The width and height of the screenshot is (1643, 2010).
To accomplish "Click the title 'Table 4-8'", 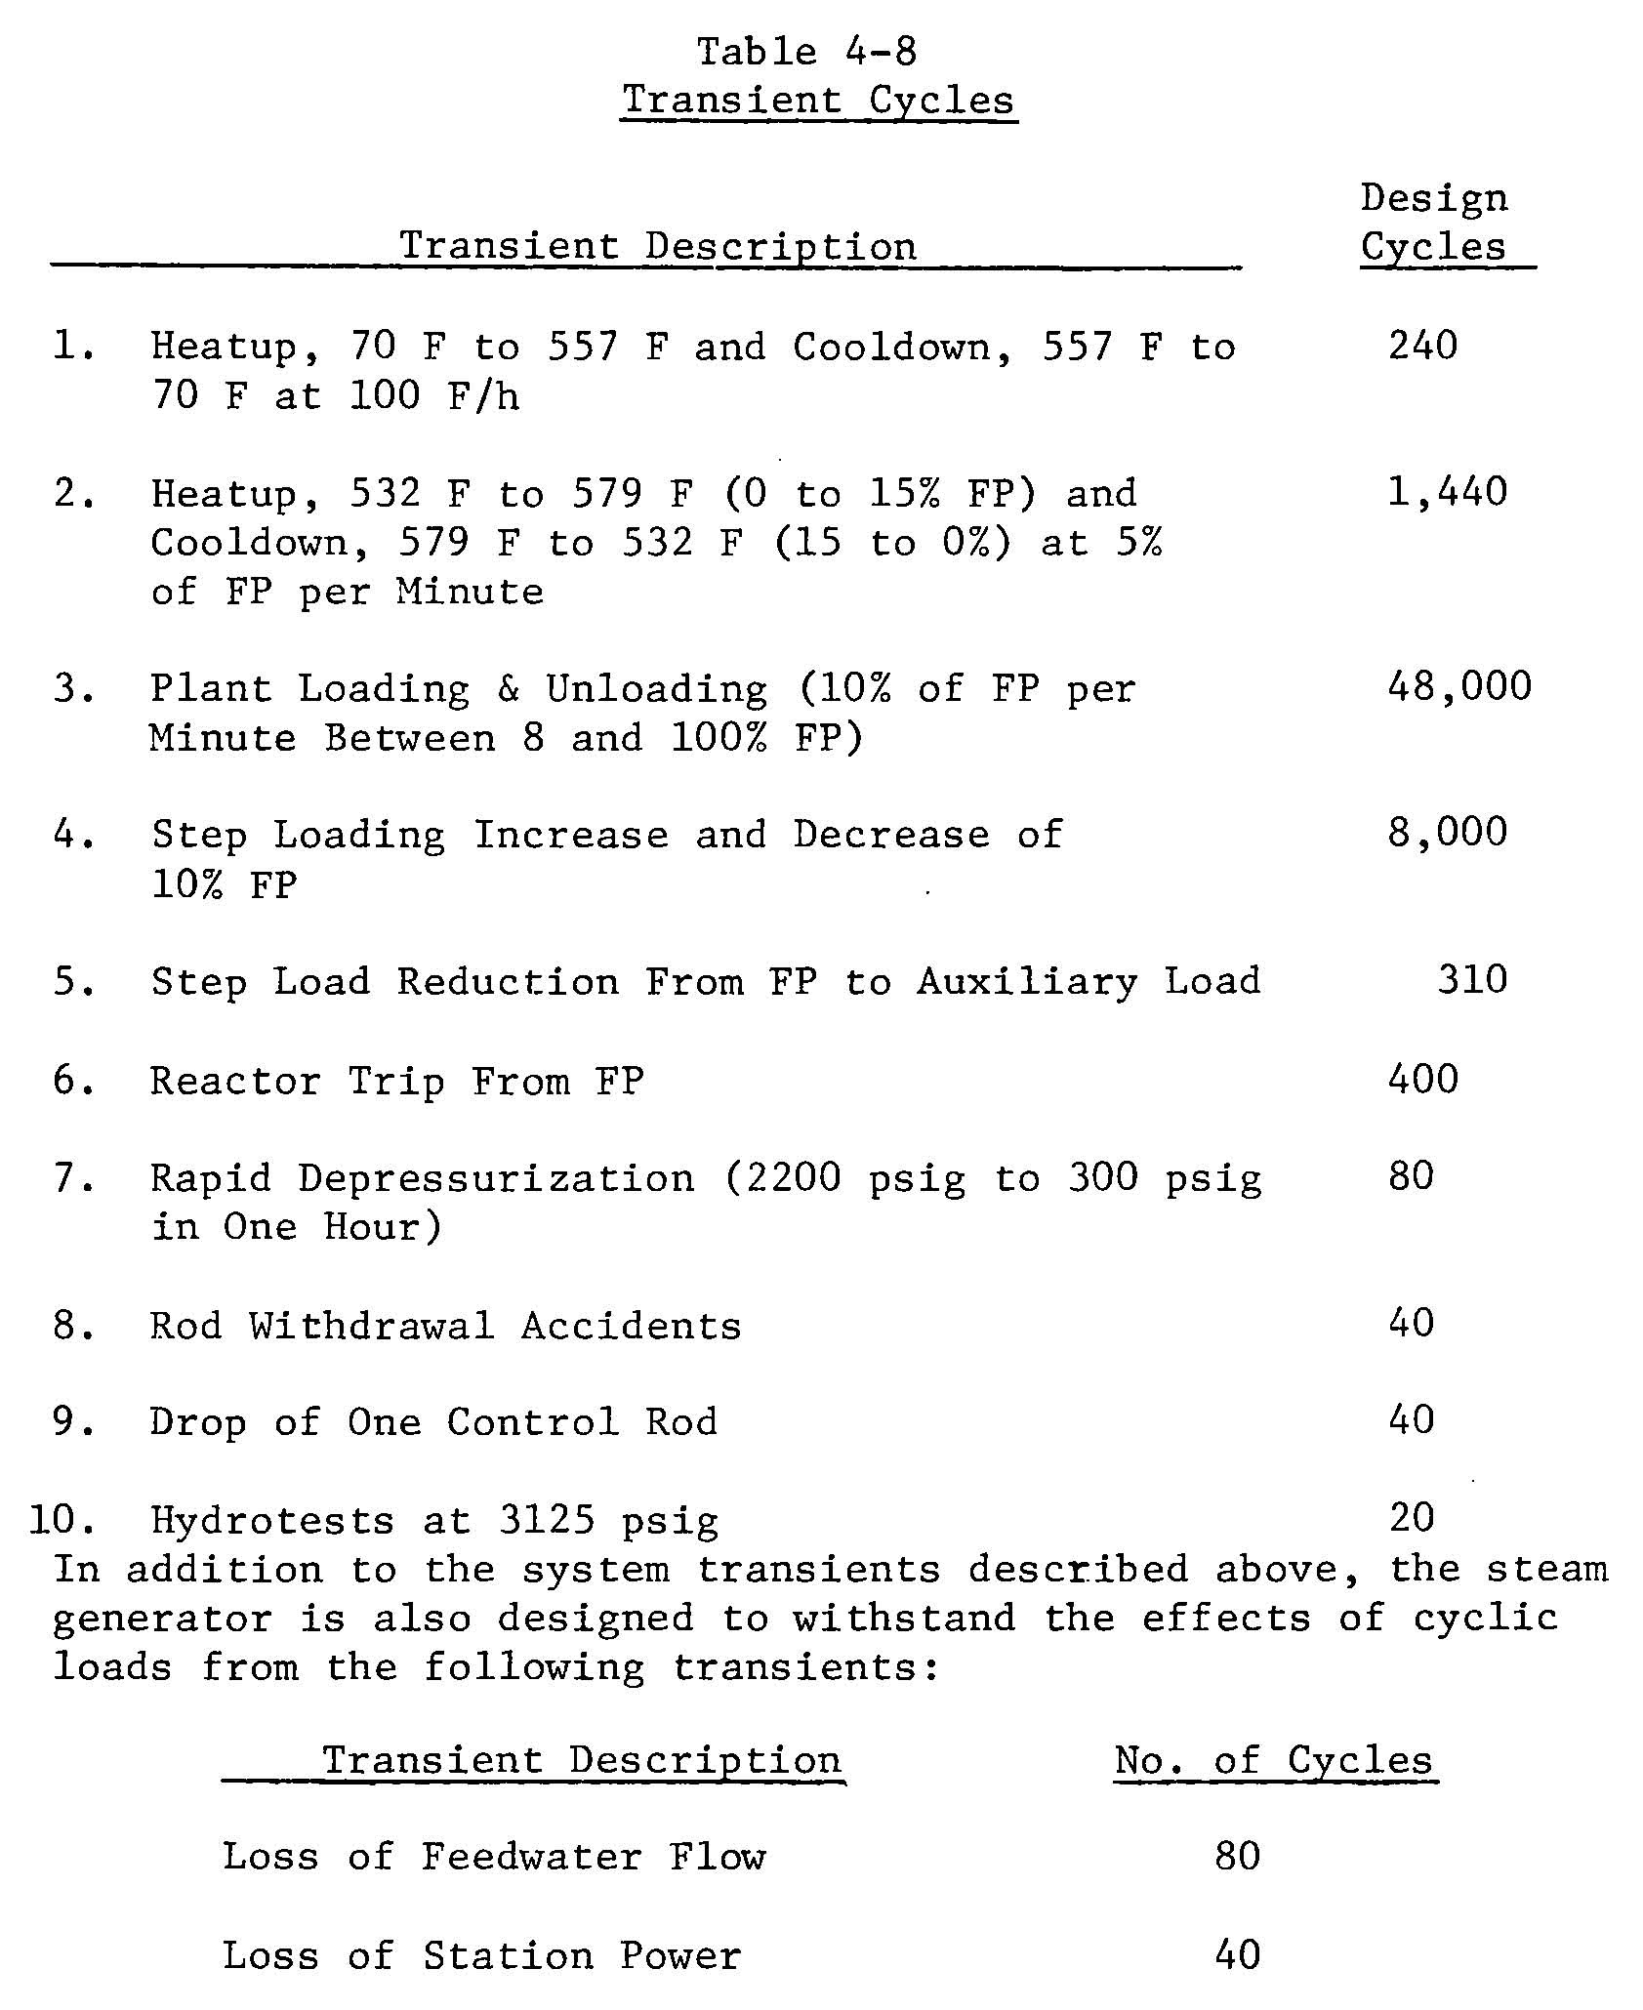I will pos(806,52).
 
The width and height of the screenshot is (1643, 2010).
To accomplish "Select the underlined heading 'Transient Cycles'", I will pos(818,101).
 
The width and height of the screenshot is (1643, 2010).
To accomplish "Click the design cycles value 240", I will pos(1422,346).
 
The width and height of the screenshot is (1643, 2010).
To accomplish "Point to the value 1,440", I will pos(1447,492).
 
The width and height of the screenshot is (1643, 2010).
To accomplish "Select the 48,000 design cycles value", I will pos(1458,687).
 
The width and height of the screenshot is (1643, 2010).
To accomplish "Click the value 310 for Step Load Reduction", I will pos(1471,980).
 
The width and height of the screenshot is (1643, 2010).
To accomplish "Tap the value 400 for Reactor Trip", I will pos(1422,1080).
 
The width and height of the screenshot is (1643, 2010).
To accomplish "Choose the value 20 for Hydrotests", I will pos(1411,1518).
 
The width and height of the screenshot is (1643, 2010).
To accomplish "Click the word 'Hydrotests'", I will pos(272,1521).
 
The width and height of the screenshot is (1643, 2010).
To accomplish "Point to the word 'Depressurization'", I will pos(496,1178).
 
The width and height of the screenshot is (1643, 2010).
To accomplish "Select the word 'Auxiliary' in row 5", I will pos(1027,981).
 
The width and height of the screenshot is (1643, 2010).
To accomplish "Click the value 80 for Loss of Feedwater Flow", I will pos(1237,1856).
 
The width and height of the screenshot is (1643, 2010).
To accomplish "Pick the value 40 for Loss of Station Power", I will pos(1237,1955).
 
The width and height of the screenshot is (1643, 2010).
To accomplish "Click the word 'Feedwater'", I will pos(532,1857).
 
